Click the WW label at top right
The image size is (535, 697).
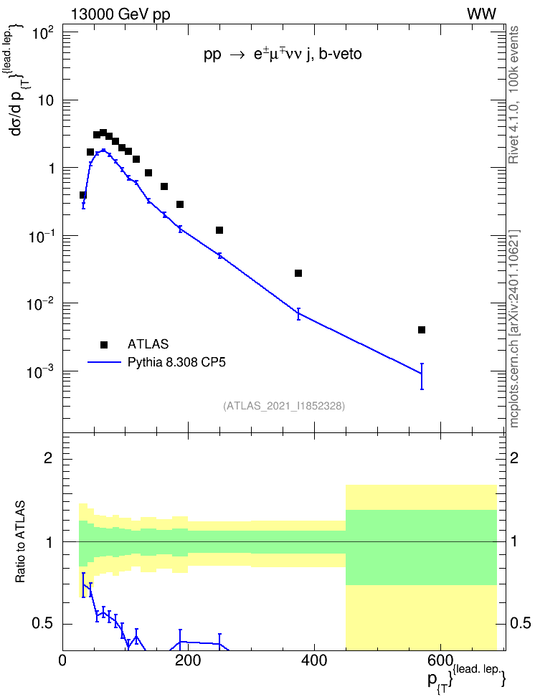481,14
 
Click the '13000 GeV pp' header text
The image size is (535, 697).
120,14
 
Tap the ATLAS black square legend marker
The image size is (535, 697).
104,344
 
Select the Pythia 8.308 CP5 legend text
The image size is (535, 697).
176,362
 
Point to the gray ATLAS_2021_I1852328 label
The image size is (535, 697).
284,405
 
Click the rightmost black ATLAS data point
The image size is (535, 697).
422,330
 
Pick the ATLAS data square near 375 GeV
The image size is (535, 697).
298,273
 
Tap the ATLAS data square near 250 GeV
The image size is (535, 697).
219,230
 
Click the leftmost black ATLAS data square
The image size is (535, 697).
82,195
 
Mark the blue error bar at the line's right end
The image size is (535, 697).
422,376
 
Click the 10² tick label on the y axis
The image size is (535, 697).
43,32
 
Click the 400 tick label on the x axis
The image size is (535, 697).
314,660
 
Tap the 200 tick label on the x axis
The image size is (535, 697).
188,660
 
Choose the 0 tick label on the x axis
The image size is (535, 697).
62,660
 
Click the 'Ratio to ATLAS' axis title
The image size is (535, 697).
20,542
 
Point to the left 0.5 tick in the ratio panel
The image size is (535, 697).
42,624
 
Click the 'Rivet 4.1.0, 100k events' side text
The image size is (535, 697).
513,95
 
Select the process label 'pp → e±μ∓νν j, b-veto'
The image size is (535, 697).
283,54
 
